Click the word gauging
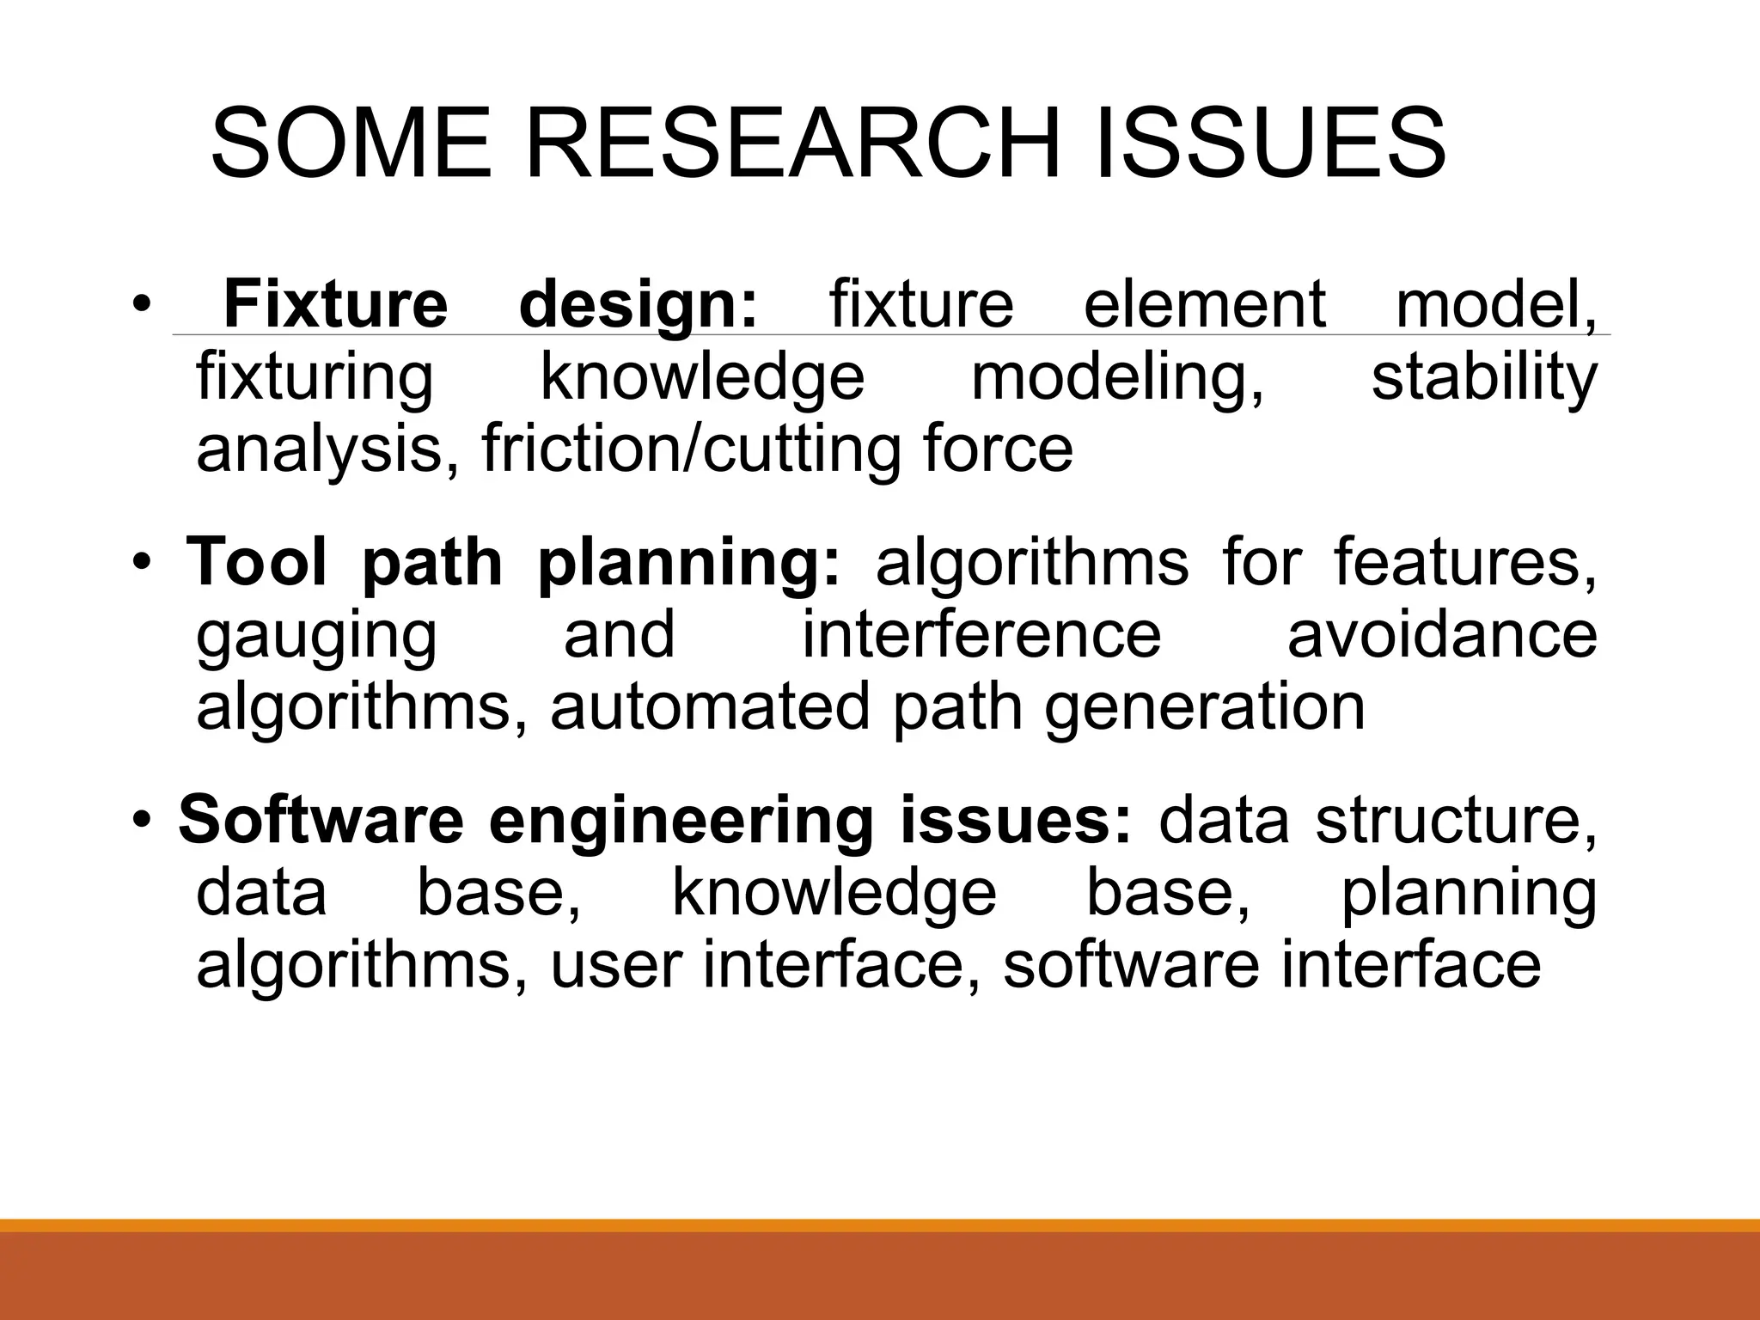[316, 635]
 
